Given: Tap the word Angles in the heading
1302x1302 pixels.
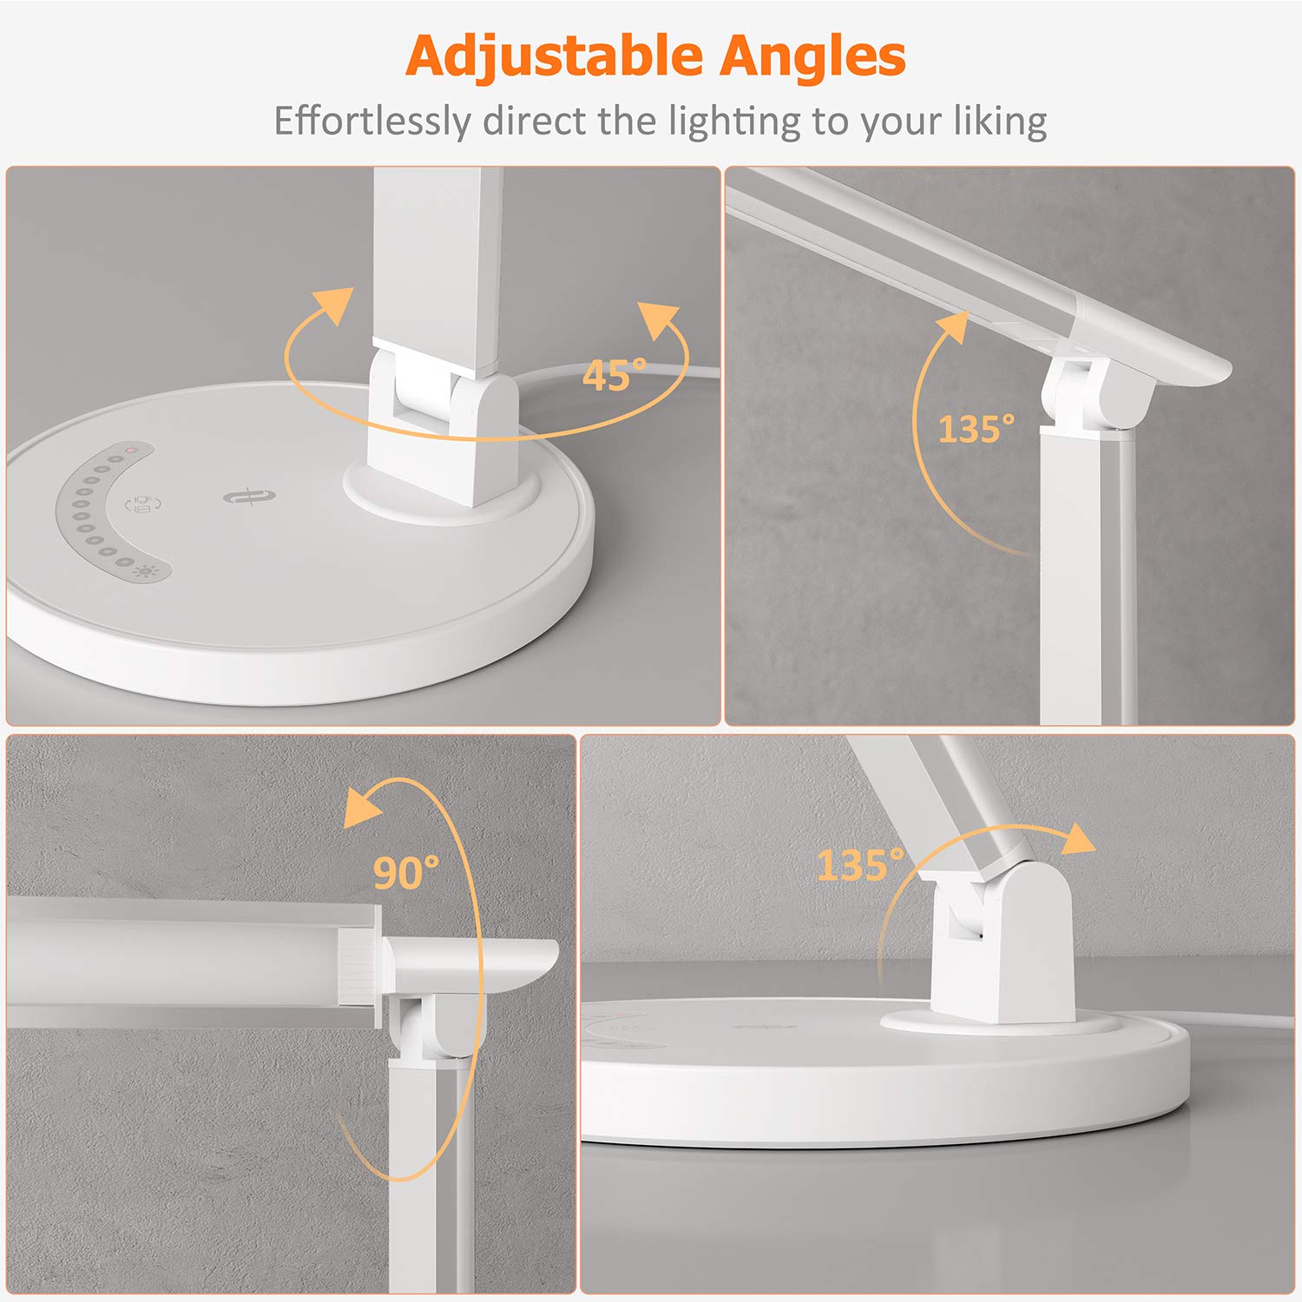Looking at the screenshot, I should [812, 56].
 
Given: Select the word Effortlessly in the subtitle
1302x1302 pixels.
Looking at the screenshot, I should [372, 121].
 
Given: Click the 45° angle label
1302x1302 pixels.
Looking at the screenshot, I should [615, 375].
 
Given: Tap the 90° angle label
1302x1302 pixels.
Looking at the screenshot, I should [406, 872].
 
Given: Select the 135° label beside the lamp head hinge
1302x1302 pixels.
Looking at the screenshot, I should [976, 429].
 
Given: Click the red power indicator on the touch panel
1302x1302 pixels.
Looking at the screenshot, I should [128, 450].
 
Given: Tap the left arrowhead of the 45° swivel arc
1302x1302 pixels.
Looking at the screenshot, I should [334, 305].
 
